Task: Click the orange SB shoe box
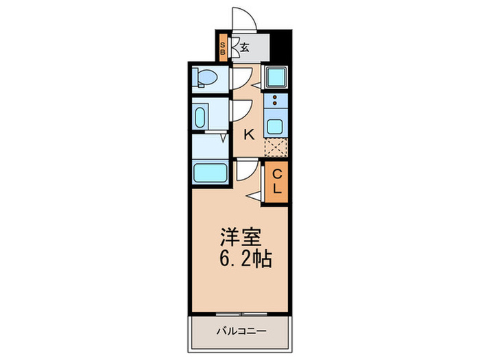[223, 48]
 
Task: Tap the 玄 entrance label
[244, 48]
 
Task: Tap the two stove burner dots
[276, 101]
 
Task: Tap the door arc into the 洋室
[245, 169]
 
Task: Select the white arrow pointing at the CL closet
[254, 197]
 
